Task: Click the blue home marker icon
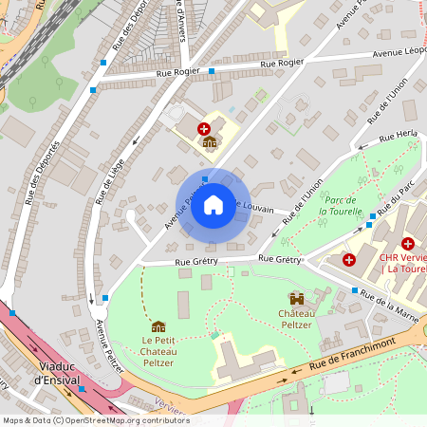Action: tap(213, 204)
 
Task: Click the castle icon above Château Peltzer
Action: tap(297, 297)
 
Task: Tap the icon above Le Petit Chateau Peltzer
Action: tap(158, 326)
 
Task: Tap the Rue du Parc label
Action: tap(386, 202)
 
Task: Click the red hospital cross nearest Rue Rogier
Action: tap(203, 127)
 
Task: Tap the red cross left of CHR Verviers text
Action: tap(349, 259)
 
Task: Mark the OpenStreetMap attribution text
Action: tap(95, 420)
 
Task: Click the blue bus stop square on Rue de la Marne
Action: tap(355, 290)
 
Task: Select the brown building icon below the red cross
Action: tap(210, 142)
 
